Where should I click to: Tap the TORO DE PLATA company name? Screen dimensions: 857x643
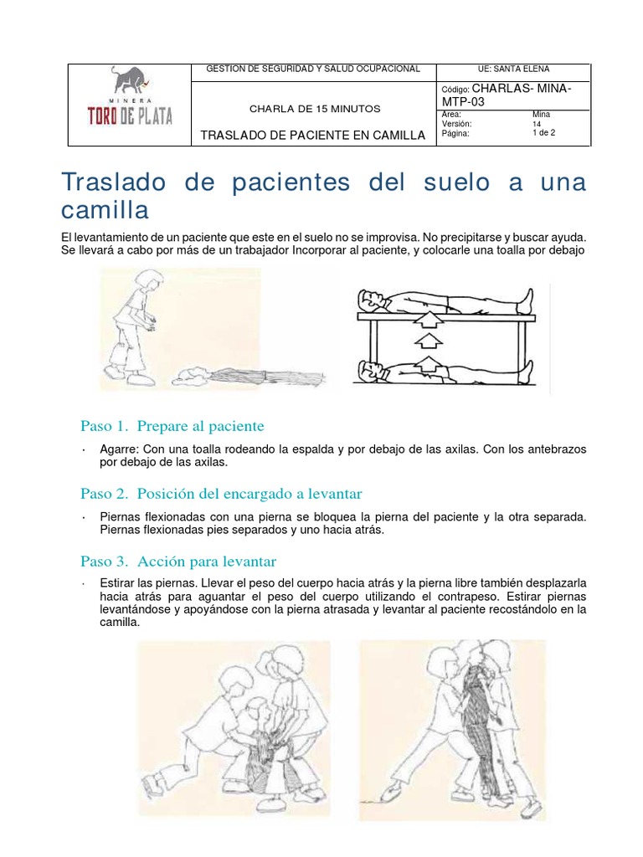click(x=130, y=115)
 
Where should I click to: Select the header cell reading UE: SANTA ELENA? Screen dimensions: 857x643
click(x=513, y=69)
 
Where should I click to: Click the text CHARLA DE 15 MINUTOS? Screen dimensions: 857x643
click(x=315, y=109)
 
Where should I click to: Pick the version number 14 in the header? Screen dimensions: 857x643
click(x=536, y=123)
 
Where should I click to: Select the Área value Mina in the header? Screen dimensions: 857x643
click(x=541, y=114)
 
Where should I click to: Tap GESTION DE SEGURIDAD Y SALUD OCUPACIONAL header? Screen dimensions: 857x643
click(x=313, y=69)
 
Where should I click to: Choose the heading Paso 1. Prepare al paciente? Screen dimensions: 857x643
click(x=172, y=426)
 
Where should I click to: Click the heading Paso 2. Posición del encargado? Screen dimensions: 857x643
click(x=220, y=493)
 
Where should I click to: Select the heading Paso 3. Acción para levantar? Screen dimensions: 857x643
click(x=177, y=560)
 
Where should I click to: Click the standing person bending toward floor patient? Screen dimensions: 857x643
click(x=133, y=326)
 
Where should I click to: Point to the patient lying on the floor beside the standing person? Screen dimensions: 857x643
click(x=251, y=377)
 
